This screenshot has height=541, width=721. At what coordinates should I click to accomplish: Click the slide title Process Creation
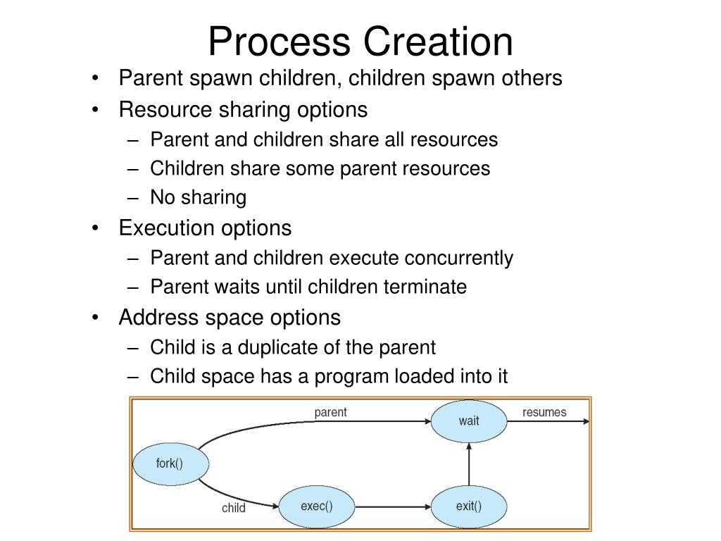point(360,41)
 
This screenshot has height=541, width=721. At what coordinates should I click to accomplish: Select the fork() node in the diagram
point(169,464)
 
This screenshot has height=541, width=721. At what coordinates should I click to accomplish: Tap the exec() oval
point(316,506)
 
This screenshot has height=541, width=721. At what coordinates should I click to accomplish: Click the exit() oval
point(468,506)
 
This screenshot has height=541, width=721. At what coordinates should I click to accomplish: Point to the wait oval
point(468,421)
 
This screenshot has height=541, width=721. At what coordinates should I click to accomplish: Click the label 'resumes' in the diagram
point(544,412)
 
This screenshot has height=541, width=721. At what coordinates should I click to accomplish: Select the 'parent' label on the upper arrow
point(330,412)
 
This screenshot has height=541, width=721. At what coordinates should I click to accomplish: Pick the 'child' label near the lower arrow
point(233,508)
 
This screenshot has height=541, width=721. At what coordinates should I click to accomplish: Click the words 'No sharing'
point(199,198)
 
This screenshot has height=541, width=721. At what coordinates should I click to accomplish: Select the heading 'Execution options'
point(205,228)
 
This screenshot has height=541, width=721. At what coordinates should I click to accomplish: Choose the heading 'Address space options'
point(230,318)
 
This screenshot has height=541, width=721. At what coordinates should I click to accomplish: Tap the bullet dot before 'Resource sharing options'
point(95,111)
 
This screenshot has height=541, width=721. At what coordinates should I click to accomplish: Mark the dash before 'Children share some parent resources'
point(134,169)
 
